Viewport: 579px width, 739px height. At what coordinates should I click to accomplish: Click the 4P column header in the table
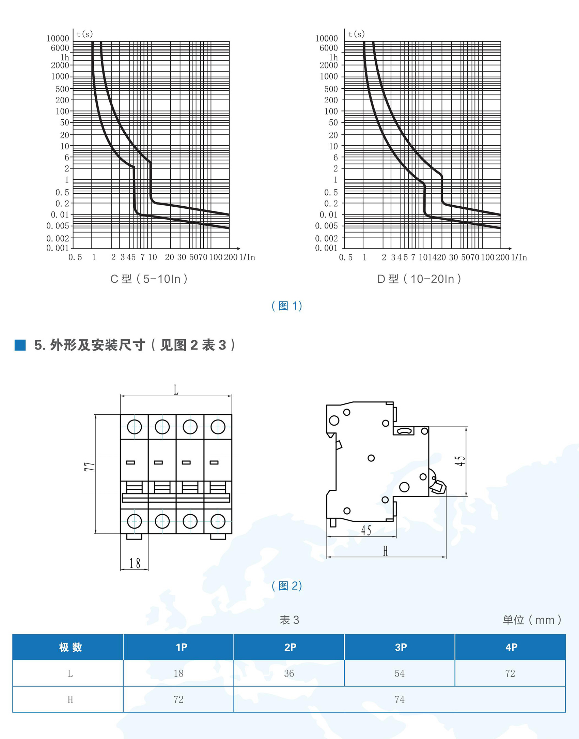coord(511,647)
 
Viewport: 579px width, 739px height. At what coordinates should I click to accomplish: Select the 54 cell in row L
coord(400,673)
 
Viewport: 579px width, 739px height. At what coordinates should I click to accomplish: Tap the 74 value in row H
coord(400,699)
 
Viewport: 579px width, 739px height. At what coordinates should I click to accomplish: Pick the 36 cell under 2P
coord(289,673)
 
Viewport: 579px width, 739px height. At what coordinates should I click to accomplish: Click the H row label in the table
coord(70,699)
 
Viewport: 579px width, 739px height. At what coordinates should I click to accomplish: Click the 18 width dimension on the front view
coord(135,563)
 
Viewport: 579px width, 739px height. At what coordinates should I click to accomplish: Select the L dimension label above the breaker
coord(176,390)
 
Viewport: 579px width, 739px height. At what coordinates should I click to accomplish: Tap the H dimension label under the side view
coord(385,551)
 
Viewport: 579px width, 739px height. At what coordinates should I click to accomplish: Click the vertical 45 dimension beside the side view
coord(460,461)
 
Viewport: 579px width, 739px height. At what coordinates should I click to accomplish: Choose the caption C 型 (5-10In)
coord(149,279)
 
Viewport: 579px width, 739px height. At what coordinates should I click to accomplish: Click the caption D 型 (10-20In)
coord(419,279)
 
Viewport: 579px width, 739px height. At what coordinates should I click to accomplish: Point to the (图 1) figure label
coord(287,306)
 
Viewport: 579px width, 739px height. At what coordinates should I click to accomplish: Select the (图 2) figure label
coord(287,586)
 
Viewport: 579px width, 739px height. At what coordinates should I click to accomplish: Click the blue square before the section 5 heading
coord(20,345)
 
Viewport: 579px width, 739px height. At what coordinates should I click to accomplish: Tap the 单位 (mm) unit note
coord(532,620)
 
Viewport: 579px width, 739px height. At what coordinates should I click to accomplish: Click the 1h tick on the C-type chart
coord(65,57)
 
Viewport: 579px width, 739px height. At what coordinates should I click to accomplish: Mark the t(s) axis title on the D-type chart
coord(356,34)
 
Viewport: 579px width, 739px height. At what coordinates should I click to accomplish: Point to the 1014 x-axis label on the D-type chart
coord(427,257)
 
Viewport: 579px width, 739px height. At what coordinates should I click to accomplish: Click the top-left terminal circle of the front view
coord(134,427)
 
